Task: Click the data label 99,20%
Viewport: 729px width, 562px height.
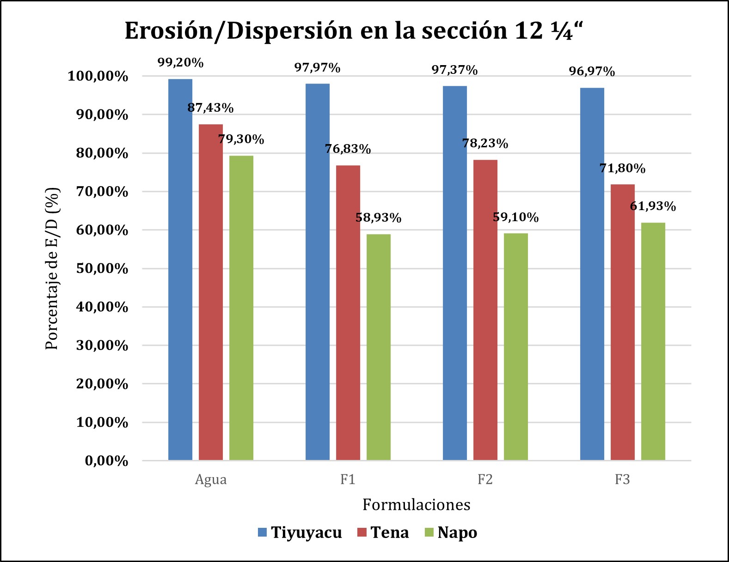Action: coord(181,63)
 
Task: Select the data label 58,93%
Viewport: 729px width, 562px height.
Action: coord(379,218)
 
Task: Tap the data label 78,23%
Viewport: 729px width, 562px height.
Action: coord(485,144)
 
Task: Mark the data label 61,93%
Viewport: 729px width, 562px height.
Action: coord(653,206)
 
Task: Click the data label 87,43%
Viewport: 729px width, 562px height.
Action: coord(211,108)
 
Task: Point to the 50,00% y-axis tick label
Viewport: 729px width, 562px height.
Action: coord(102,269)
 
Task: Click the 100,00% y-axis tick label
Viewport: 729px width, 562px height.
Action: coord(98,76)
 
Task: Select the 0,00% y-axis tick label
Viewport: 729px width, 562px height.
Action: coord(107,461)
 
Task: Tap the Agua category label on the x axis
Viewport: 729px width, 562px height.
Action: coord(211,480)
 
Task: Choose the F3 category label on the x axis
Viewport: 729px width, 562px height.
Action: coord(622,480)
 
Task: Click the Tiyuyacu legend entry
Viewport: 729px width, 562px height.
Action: coord(300,532)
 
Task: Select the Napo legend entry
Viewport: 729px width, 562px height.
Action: coord(451,532)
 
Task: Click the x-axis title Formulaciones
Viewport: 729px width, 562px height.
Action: coord(416,505)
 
